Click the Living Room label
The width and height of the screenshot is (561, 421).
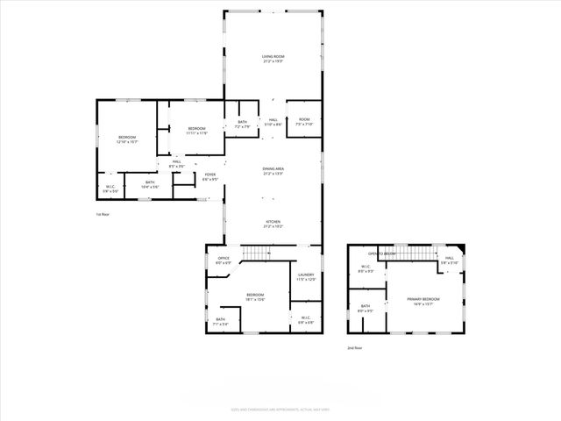[x=273, y=59]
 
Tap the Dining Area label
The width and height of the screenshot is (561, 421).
[x=273, y=171]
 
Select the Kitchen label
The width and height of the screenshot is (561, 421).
[x=273, y=224]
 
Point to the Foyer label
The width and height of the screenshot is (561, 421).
[x=210, y=177]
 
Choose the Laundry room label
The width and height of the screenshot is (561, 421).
[x=305, y=277]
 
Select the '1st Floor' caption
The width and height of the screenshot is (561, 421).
[x=103, y=214]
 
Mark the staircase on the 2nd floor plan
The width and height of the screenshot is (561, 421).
[x=423, y=253]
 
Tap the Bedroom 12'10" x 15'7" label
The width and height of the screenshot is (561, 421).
[x=128, y=139]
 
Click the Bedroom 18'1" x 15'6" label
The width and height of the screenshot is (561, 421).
[x=255, y=296]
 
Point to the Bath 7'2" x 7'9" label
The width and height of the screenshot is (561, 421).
[x=242, y=125]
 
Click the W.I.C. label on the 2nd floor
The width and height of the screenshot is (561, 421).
[x=366, y=269]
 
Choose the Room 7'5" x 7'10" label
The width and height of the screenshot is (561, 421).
[x=304, y=122]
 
